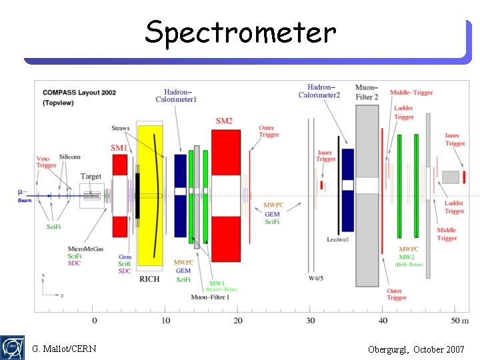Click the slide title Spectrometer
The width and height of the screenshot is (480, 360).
(x=241, y=31)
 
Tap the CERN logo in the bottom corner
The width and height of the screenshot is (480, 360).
(x=12, y=348)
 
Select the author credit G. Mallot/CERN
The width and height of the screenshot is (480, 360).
(x=64, y=349)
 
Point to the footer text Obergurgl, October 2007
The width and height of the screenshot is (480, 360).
(x=416, y=349)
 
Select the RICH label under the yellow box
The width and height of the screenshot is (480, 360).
(x=149, y=279)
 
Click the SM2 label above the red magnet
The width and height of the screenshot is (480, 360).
(x=224, y=121)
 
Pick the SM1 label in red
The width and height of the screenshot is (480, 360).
(x=119, y=147)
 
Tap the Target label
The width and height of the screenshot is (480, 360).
(x=91, y=177)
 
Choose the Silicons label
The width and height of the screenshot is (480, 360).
(x=69, y=157)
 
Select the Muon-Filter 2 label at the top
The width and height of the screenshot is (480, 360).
(x=367, y=91)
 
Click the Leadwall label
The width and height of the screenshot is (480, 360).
(x=337, y=239)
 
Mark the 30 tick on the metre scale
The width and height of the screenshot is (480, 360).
(x=310, y=321)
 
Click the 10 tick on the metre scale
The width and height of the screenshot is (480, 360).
(x=166, y=321)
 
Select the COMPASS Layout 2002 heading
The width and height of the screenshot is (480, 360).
(x=79, y=93)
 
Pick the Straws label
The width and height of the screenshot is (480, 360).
(x=121, y=128)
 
